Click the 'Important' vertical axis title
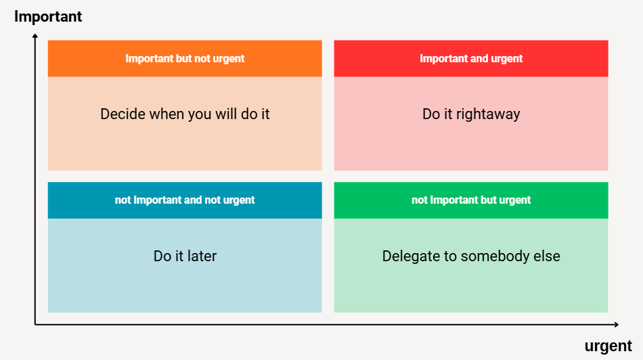coord(48,17)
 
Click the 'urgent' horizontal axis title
coord(608,346)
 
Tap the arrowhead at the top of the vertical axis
coord(35,37)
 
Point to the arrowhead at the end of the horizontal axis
coord(616,324)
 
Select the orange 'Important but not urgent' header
coord(185,59)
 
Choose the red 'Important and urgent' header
coord(471,59)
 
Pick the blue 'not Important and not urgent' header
coord(185,200)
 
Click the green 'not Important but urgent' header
coord(471,200)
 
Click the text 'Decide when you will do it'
coord(185,114)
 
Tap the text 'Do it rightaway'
coord(471,114)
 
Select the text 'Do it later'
coord(185,256)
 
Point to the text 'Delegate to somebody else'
coord(471,256)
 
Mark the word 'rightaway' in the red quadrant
coord(488,114)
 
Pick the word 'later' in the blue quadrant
coord(202,256)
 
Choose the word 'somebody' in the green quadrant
coord(495,256)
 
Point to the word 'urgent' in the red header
coord(507,59)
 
